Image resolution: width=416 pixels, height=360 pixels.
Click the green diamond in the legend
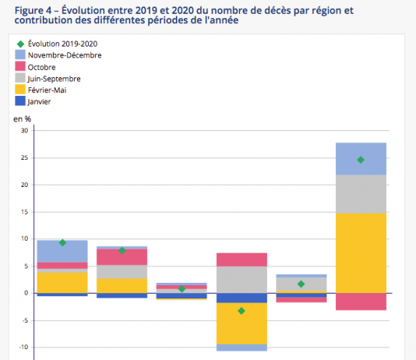(x=21, y=44)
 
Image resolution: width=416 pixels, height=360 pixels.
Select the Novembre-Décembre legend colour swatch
(x=20, y=55)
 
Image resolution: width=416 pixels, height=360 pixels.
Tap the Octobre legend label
(x=41, y=67)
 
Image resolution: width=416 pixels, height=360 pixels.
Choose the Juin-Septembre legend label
(x=54, y=79)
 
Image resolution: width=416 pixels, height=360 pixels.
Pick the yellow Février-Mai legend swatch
(x=20, y=90)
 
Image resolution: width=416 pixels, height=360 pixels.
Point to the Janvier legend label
(x=39, y=101)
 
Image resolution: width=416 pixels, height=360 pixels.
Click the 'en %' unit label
(x=23, y=119)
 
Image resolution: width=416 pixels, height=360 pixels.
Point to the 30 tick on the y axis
(x=25, y=131)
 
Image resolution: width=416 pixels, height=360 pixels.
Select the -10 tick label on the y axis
(x=23, y=348)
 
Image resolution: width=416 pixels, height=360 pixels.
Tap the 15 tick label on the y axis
(x=25, y=212)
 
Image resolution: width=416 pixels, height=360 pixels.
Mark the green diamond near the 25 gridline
(x=361, y=160)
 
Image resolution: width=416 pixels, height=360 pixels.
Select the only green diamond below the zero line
(x=241, y=311)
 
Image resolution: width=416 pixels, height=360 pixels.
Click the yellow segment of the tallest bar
(x=361, y=253)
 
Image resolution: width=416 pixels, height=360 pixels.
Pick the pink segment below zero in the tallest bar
(x=361, y=302)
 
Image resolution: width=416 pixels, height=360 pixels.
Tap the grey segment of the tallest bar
(x=361, y=194)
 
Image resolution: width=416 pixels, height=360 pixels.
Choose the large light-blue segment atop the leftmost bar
(x=62, y=252)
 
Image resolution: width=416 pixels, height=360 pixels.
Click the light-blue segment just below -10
(x=241, y=348)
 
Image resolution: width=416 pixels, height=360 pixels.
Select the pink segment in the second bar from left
(x=122, y=257)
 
